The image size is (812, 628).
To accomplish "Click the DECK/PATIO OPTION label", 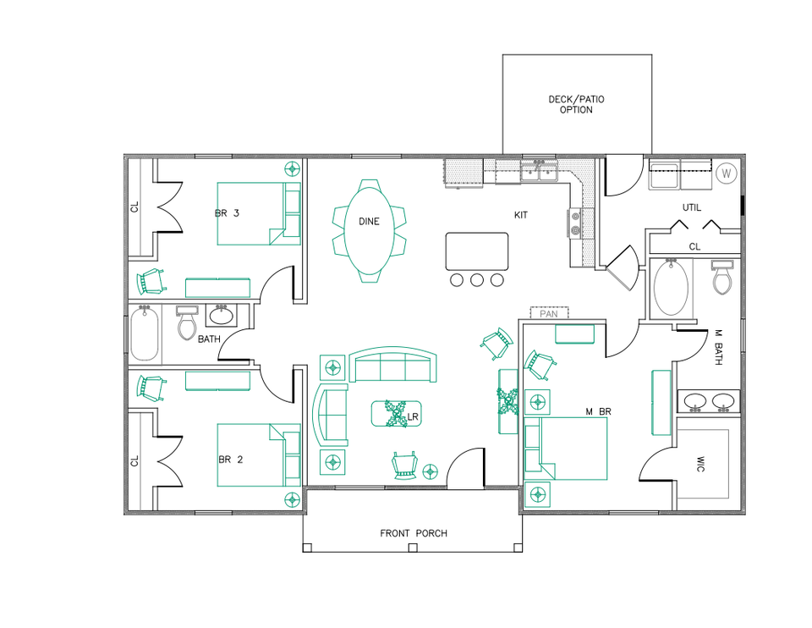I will (576, 104).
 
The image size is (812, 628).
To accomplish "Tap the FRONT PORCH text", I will (413, 533).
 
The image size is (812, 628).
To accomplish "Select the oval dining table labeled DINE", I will (369, 230).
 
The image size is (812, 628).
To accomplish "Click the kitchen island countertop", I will (478, 251).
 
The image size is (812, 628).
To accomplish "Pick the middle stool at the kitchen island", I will (476, 279).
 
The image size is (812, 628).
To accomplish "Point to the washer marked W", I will (725, 174).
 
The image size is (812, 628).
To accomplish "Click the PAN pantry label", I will (549, 313).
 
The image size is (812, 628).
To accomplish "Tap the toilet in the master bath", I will (721, 278).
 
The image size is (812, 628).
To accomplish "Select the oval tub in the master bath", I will (672, 289).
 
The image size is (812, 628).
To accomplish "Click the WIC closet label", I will (700, 465).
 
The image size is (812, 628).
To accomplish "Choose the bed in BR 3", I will (258, 213).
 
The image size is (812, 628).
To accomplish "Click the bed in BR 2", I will (258, 454).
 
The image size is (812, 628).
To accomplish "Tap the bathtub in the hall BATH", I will (145, 335).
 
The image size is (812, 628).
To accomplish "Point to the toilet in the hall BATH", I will (187, 322).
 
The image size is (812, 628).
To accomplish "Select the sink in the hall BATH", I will (222, 316).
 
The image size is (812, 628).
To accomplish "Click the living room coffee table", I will (396, 413).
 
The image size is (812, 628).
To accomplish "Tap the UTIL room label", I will (692, 208).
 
